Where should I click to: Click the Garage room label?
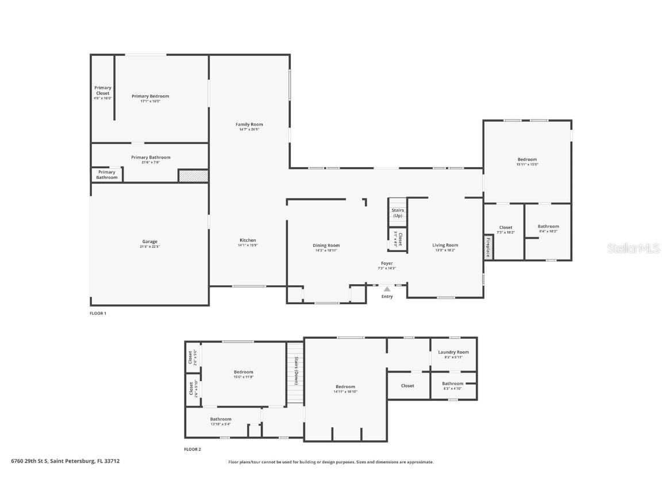tap(150, 242)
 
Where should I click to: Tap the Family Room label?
tap(249, 125)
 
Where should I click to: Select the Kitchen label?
tap(248, 240)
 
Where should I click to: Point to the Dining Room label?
tap(326, 245)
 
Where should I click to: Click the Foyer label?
tap(387, 263)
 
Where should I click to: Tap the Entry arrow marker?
tap(387, 289)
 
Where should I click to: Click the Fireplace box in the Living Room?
tap(488, 247)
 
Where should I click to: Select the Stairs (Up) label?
tap(398, 212)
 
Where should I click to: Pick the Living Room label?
tap(445, 245)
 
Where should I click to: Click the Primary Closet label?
tap(103, 90)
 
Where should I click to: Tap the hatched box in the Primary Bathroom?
tap(193, 176)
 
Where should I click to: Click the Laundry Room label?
tap(453, 352)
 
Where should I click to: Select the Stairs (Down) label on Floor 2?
tap(296, 371)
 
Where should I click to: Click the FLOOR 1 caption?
tap(98, 313)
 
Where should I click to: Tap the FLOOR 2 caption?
tap(193, 449)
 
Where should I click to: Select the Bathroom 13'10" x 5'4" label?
tap(221, 419)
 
